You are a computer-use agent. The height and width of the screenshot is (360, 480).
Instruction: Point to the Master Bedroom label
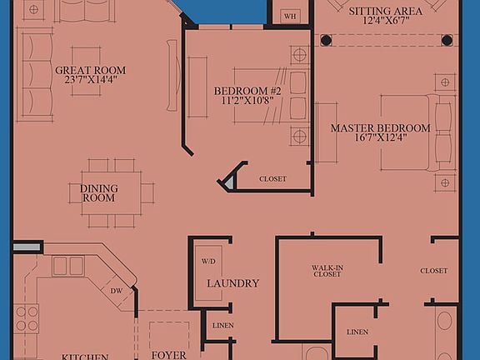(380, 127)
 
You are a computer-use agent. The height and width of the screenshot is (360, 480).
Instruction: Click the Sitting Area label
(384, 10)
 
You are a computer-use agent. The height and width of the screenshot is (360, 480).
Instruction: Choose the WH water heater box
(290, 15)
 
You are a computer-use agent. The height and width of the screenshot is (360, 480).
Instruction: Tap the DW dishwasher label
(117, 291)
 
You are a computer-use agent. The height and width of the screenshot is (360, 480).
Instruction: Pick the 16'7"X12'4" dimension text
(380, 139)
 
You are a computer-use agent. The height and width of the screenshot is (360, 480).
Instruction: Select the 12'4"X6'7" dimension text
(384, 21)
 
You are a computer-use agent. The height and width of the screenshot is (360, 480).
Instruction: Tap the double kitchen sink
(67, 266)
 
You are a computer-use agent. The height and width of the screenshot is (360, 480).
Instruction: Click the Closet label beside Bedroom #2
(272, 179)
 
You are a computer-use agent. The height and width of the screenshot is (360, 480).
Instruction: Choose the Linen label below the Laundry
(222, 325)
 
